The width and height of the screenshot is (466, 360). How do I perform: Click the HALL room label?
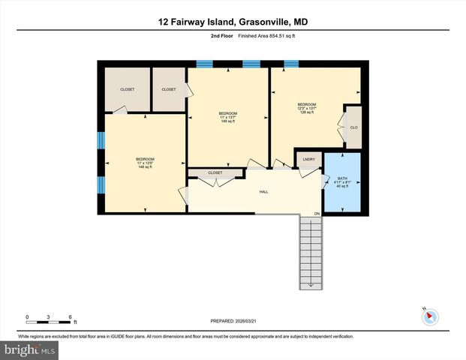pos(264,192)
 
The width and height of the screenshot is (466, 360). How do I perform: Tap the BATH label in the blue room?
pos(342,178)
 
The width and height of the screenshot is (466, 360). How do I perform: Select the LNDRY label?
pos(308,160)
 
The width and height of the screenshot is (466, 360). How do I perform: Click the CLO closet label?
pos(353,127)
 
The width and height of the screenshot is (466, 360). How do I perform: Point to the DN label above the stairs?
pos(317,214)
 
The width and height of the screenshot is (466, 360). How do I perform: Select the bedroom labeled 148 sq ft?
pos(144,163)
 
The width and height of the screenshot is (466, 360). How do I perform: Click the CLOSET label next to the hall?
pos(215,173)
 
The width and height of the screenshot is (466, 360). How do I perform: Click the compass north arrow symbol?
pos(430,317)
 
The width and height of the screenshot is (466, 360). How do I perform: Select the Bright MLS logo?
pos(30,350)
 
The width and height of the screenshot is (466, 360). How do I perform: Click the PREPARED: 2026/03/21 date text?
pos(233,321)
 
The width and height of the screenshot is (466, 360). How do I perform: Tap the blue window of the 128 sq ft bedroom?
pos(290,64)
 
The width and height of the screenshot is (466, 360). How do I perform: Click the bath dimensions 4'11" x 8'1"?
pos(342,182)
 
